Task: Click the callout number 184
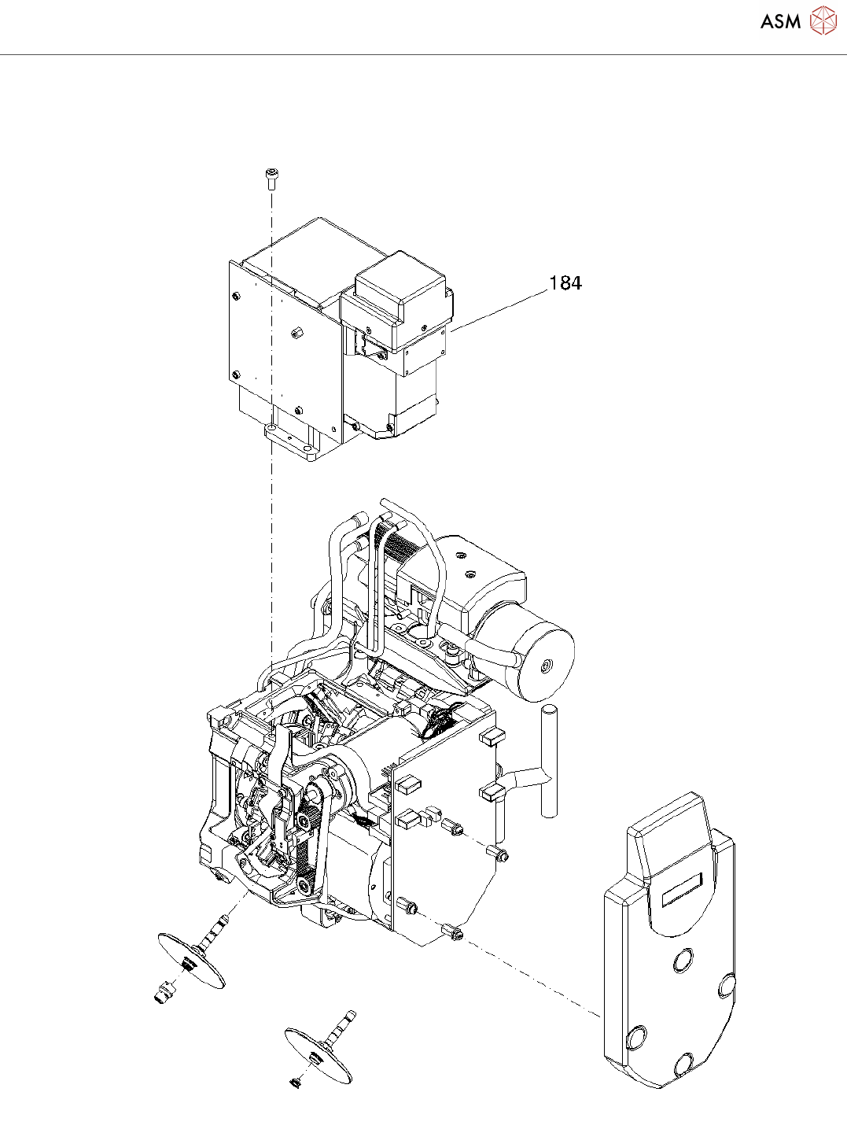565,283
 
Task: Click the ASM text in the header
780,22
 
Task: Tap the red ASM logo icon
823,21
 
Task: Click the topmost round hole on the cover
683,961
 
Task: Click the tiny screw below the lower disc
296,1083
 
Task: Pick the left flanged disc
191,960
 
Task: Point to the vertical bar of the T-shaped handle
547,760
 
